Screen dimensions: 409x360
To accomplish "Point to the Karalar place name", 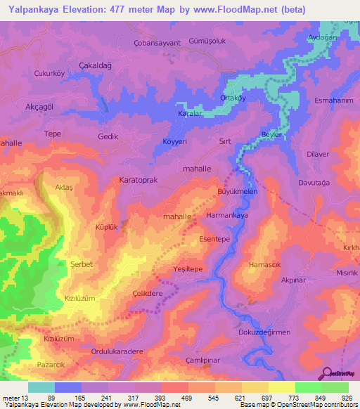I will click(190, 112).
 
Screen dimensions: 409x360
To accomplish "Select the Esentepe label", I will click(215, 240).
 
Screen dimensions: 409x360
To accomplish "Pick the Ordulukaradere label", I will click(117, 351).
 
